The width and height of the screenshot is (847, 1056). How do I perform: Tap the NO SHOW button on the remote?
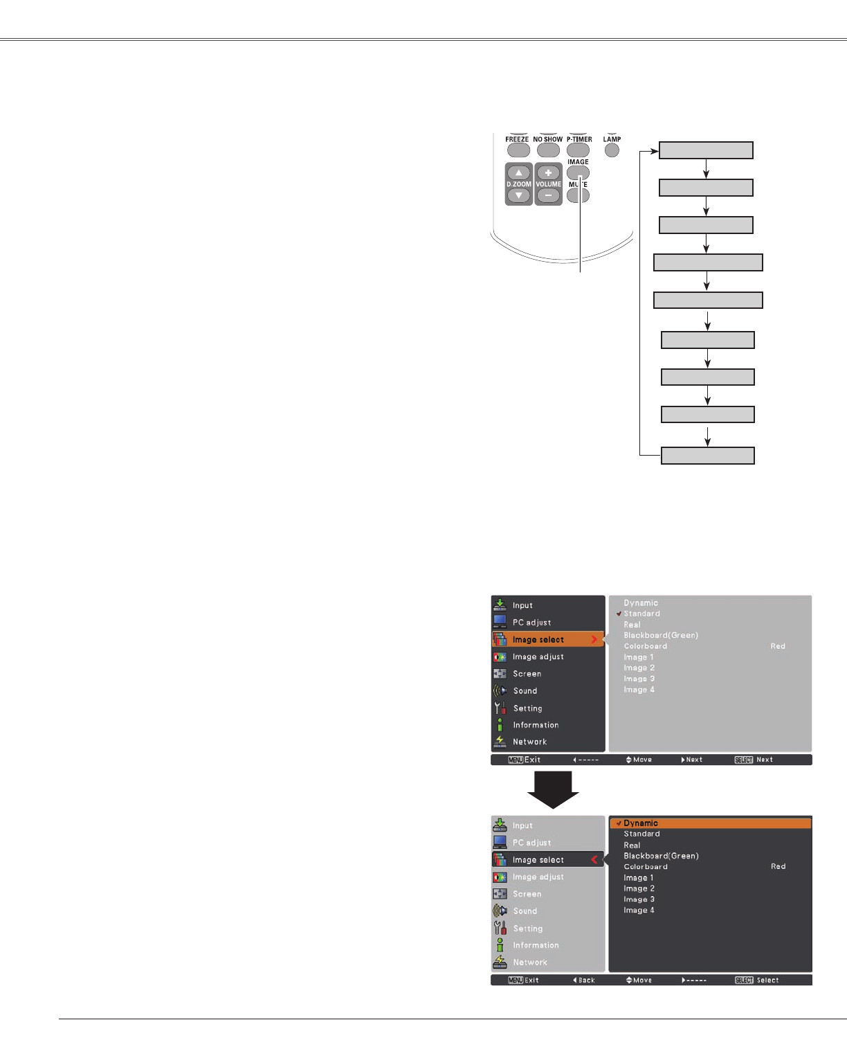547,150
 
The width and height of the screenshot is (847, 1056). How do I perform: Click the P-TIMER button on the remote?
578,150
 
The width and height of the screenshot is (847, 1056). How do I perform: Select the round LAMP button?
612,150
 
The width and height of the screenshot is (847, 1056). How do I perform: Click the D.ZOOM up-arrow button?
519,172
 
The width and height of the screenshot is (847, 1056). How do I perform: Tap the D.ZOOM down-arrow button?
519,196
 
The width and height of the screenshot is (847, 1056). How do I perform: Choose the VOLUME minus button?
548,196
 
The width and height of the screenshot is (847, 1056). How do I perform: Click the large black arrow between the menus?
553,789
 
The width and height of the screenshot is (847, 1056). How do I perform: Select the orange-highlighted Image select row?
547,639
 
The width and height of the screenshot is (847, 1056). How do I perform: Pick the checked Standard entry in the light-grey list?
641,614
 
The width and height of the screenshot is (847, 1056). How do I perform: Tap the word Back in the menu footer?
586,981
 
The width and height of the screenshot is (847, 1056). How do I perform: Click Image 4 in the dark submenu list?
639,911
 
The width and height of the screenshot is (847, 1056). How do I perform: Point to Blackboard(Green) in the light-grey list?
661,635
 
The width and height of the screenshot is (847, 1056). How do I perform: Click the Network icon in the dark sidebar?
500,742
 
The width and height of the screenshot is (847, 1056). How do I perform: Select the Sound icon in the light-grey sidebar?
500,911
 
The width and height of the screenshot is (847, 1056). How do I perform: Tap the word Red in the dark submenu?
778,866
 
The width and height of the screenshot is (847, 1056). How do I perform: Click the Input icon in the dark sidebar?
500,605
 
